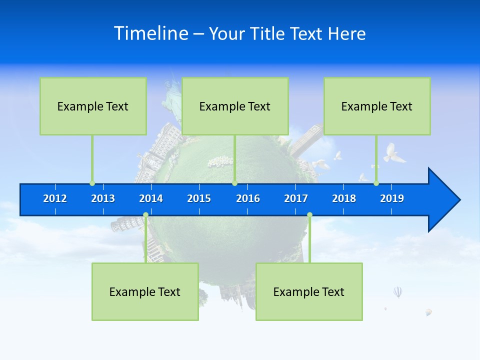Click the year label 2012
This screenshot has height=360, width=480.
[55, 198]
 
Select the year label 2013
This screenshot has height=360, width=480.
[103, 198]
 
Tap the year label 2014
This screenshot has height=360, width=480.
[151, 198]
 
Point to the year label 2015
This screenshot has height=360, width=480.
[199, 198]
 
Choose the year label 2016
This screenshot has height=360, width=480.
[248, 198]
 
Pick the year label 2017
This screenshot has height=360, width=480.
[296, 198]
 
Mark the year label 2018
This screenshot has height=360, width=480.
[344, 198]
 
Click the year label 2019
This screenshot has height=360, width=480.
[392, 198]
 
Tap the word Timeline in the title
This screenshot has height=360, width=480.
[150, 33]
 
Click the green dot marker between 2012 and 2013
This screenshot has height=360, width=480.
[92, 183]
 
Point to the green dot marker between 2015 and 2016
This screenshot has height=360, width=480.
[234, 183]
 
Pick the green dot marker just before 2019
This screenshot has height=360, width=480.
[376, 183]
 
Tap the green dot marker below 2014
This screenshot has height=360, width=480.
[145, 215]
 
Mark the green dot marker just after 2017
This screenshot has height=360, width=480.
[309, 215]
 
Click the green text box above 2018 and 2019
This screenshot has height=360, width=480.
[376, 106]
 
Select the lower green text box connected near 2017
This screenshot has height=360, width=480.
[308, 291]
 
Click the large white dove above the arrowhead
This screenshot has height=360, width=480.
[393, 153]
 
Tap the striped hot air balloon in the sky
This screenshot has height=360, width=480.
[397, 292]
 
